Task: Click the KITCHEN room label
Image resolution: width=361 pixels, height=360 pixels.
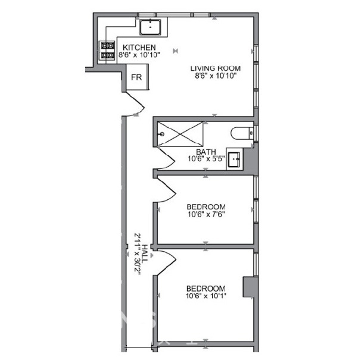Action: point(139,48)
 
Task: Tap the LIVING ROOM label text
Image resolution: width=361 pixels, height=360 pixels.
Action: point(216,68)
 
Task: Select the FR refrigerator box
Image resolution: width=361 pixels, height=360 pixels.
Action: point(136,77)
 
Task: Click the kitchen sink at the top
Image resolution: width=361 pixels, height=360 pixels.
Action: point(151,26)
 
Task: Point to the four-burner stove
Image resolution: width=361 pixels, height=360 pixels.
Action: point(108,51)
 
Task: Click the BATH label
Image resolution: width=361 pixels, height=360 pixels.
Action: point(206,152)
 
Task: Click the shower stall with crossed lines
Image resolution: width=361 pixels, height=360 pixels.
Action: point(182,133)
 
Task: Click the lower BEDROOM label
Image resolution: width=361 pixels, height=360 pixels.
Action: point(206,288)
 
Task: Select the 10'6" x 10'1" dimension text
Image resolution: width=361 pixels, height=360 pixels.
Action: point(206,296)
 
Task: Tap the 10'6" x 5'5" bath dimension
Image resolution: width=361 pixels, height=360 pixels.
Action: point(206,159)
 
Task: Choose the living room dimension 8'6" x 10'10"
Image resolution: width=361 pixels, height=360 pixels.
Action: point(216,76)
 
